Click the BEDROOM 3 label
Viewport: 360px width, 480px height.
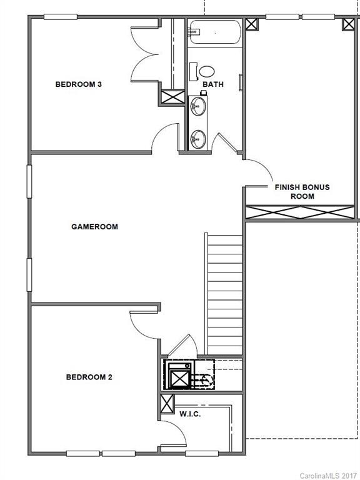click(x=78, y=84)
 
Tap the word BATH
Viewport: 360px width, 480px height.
click(x=212, y=84)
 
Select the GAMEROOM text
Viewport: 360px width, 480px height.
click(x=94, y=227)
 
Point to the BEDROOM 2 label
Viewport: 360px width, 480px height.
click(x=89, y=377)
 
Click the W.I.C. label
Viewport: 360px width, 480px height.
click(x=190, y=414)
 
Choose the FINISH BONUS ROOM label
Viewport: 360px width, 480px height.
click(x=302, y=191)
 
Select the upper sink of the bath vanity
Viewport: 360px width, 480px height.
click(x=199, y=106)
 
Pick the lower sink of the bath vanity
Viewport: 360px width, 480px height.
click(x=199, y=139)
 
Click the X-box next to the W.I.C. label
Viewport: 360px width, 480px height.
click(x=167, y=404)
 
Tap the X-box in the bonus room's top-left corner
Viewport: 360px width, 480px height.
click(x=252, y=24)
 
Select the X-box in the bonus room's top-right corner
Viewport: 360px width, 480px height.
click(x=349, y=24)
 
